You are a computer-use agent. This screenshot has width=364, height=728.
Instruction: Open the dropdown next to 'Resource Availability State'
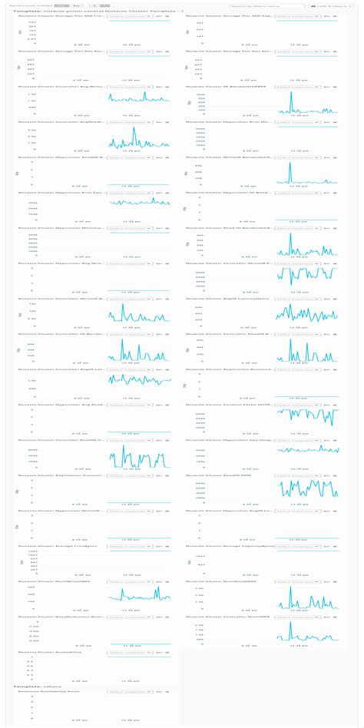[x=128, y=692]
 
